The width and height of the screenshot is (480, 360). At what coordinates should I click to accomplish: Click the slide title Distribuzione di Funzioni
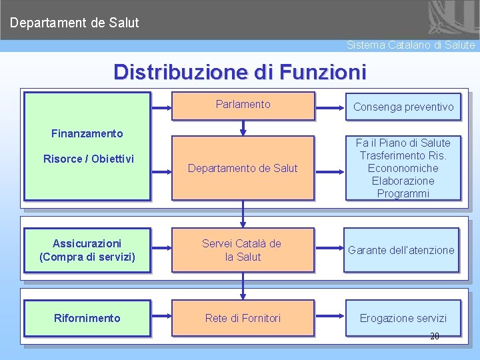pos(240,71)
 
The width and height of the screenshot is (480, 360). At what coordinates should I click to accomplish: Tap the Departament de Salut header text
pos(75,23)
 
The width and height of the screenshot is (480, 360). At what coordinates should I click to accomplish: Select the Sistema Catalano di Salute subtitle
pos(411,45)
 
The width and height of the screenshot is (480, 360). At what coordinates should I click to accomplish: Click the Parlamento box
pos(243,105)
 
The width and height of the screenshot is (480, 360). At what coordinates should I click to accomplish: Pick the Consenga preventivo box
pos(403,107)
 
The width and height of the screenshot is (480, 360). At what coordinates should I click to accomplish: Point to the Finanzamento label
pos(87,133)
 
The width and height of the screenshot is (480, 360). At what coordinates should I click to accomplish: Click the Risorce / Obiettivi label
pos(89,159)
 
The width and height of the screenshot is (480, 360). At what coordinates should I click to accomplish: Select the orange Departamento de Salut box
pos(243,168)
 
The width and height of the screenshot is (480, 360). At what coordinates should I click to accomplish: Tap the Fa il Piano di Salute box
pos(403,168)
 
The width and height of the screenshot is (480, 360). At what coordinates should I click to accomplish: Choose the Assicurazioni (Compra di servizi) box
pos(87,250)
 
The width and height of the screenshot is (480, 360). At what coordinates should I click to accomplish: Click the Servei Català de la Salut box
pos(243,250)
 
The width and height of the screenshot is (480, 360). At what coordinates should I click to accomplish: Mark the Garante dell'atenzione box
pos(401,250)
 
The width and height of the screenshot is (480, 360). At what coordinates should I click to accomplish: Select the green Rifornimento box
pos(87,318)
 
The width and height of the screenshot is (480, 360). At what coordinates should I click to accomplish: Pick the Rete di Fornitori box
pos(243,318)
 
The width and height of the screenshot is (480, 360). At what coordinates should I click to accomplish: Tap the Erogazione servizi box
pos(403,318)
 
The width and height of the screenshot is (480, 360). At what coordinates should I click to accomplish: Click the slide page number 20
pos(435,337)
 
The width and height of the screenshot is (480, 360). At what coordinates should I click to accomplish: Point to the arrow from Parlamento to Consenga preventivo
pos(329,107)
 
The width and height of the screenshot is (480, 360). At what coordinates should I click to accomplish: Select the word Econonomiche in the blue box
pos(403,168)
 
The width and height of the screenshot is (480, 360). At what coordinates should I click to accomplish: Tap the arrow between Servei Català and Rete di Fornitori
pos(243,285)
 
